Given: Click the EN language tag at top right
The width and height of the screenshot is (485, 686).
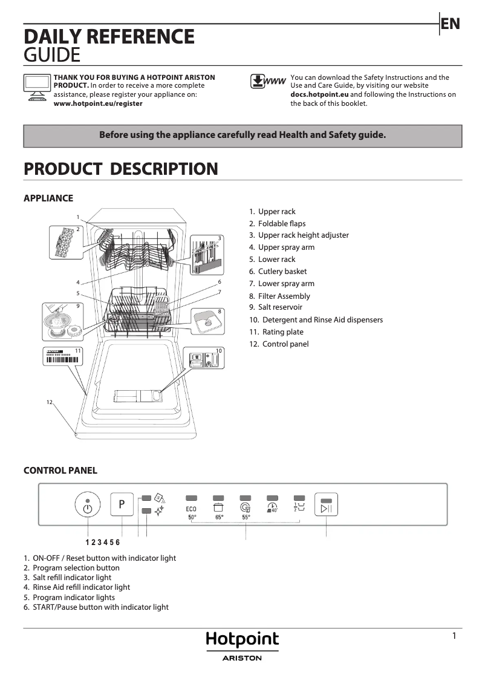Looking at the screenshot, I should [x=451, y=24].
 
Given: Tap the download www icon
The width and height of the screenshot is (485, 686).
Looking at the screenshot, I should [x=268, y=82].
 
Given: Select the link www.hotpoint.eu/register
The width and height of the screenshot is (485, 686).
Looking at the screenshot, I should [x=98, y=103].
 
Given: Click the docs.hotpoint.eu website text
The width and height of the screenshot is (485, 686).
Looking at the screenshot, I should [x=319, y=95].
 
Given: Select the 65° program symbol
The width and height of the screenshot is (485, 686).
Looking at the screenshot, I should [x=219, y=510].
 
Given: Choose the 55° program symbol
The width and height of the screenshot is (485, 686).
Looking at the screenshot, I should [x=246, y=510].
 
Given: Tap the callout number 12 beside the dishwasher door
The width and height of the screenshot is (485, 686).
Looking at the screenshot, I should [x=50, y=402].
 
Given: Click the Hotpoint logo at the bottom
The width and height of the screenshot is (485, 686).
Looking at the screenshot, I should [x=242, y=640].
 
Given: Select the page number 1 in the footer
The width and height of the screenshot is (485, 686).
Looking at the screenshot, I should [x=454, y=636].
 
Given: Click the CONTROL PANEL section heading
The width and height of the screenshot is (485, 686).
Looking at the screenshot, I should [x=60, y=471].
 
